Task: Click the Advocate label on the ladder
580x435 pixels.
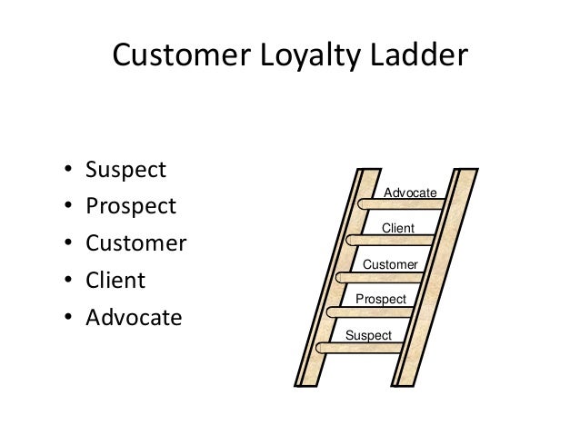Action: click(410, 193)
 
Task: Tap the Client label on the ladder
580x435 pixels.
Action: click(397, 228)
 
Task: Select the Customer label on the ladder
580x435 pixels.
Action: click(390, 263)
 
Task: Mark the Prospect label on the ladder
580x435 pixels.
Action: click(380, 299)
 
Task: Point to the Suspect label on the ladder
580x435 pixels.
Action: click(369, 335)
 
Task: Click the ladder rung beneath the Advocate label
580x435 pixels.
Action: click(400, 204)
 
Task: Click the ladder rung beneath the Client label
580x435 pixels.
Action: click(391, 241)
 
